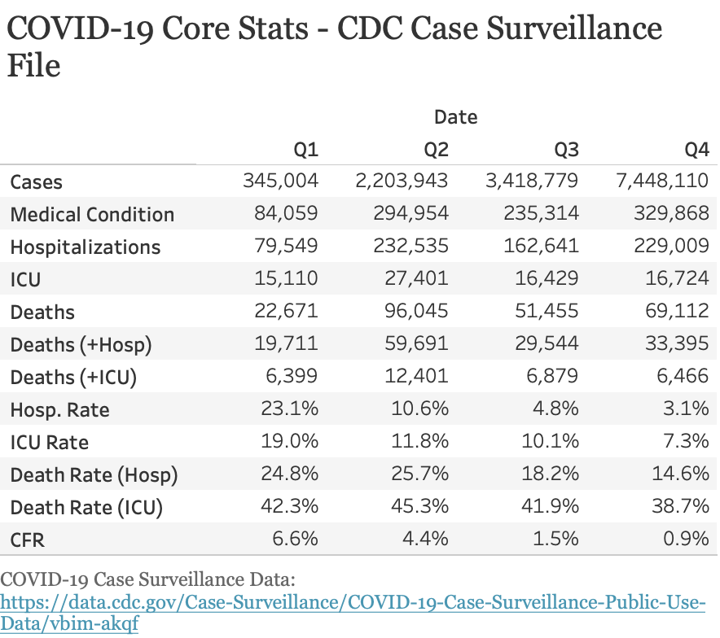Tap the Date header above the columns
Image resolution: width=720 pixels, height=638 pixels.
coord(455,117)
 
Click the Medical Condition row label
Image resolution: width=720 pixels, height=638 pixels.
coord(92,215)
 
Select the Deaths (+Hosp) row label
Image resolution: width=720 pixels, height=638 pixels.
coord(81,345)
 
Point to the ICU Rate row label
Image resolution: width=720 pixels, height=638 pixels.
coord(50,443)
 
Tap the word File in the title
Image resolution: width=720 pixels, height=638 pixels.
coord(34,65)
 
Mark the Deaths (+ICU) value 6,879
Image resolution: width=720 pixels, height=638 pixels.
coord(552,377)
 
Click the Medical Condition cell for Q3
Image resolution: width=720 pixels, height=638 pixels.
coord(538,214)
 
